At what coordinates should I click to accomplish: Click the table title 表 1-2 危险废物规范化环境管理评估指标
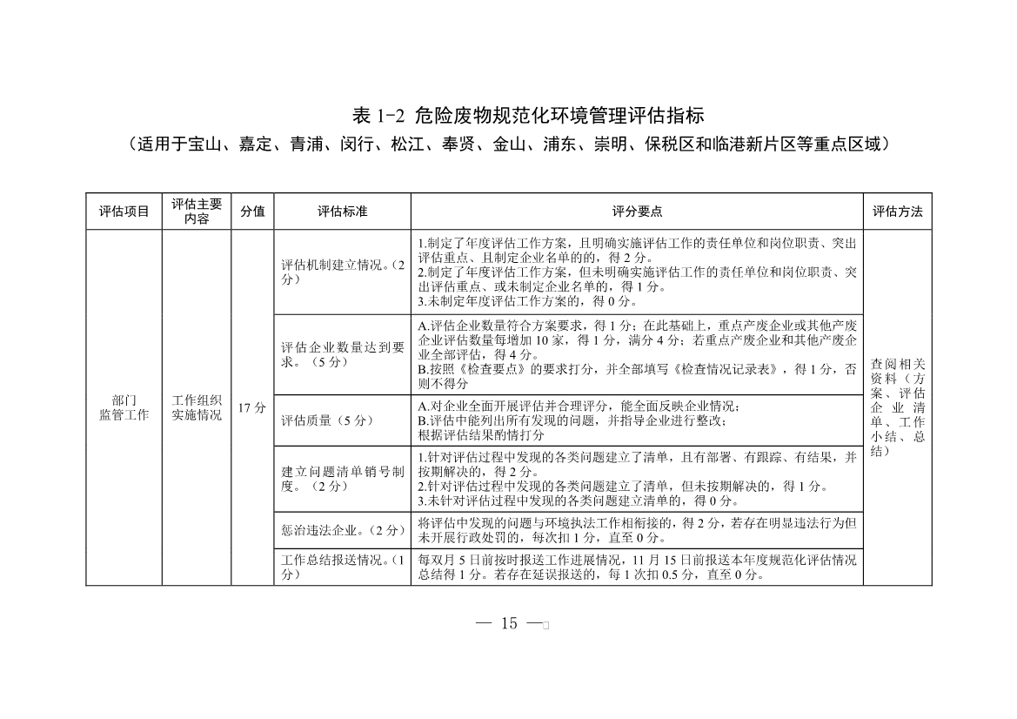[508, 116]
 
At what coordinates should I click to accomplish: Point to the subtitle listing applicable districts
[508, 144]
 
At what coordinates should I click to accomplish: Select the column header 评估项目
[124, 212]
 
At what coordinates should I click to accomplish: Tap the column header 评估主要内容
[197, 212]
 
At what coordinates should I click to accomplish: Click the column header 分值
[252, 212]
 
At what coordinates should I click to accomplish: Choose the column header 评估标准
[342, 212]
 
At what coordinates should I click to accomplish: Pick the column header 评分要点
[636, 212]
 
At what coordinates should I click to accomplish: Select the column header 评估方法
[897, 212]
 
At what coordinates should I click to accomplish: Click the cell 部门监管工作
[124, 407]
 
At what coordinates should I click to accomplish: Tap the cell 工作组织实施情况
[197, 407]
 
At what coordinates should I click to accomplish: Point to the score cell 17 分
[252, 407]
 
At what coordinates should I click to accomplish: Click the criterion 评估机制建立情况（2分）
[342, 272]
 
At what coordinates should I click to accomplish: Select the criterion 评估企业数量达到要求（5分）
[342, 354]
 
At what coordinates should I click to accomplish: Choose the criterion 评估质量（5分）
[327, 420]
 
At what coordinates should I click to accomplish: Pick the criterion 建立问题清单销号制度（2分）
[342, 478]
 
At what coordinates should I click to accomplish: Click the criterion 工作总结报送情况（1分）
[342, 567]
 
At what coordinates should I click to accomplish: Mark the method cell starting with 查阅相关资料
[897, 407]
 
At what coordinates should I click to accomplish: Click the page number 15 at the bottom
[509, 622]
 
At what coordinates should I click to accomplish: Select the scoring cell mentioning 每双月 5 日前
[636, 567]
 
